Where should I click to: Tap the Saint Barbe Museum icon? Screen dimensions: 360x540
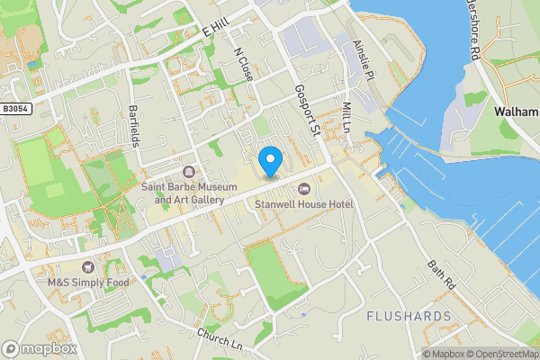[x=188, y=172]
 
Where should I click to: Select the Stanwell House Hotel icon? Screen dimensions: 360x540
[x=303, y=188]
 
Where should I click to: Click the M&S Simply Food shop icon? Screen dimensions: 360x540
[x=87, y=266]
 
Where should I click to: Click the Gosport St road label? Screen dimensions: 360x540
[x=308, y=111]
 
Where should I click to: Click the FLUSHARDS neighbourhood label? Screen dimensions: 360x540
[x=409, y=317]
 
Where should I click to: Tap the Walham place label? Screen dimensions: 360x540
[x=516, y=112]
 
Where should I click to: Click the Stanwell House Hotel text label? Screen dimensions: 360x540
[x=304, y=204]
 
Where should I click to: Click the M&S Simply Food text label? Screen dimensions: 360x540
[x=88, y=282]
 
